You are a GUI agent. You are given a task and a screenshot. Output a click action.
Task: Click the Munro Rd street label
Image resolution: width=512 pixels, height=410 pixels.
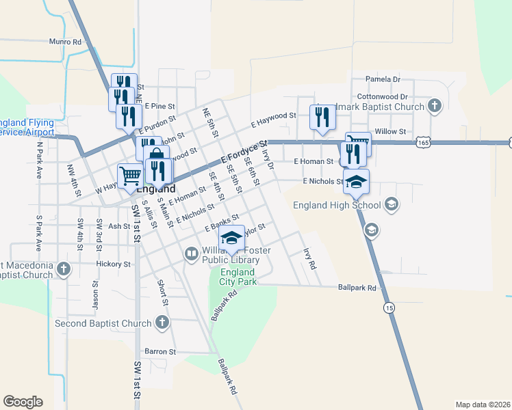pos(65,42)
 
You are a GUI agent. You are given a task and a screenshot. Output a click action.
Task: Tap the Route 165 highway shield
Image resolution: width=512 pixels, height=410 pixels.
pos(423,142)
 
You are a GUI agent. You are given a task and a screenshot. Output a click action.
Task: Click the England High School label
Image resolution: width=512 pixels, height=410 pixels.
pos(336,204)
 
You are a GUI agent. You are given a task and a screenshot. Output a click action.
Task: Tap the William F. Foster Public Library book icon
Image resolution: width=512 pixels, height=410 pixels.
pos(192,255)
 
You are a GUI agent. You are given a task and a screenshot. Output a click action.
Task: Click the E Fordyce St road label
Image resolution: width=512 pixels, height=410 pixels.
pos(244,153)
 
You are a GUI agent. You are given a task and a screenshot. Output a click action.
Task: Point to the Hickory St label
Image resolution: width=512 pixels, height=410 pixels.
pos(114,264)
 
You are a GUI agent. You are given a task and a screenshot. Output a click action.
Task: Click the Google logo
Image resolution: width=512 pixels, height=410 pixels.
pos(23,402)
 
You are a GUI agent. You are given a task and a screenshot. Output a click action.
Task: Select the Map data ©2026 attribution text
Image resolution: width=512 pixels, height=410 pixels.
pos(483,405)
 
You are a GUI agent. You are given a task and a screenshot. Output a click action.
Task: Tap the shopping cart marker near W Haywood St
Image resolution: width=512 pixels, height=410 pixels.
pos(130,176)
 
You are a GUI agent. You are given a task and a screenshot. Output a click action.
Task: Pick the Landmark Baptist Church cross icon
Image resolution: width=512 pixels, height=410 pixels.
pos(433,106)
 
